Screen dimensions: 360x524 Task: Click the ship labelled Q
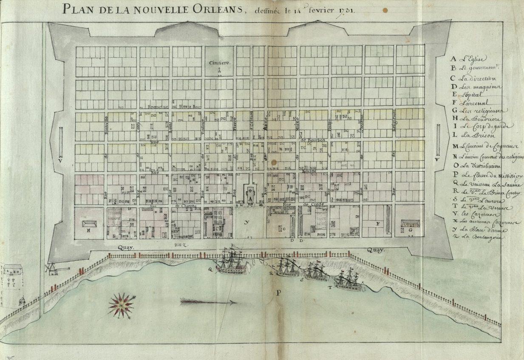click(230, 262)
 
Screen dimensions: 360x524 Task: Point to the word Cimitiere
click(219, 63)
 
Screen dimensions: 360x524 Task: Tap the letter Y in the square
click(246, 222)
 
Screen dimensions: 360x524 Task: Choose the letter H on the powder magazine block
click(89, 230)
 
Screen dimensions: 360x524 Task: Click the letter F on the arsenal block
click(377, 223)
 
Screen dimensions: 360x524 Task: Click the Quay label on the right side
click(376, 250)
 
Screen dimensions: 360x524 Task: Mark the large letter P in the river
click(279, 292)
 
